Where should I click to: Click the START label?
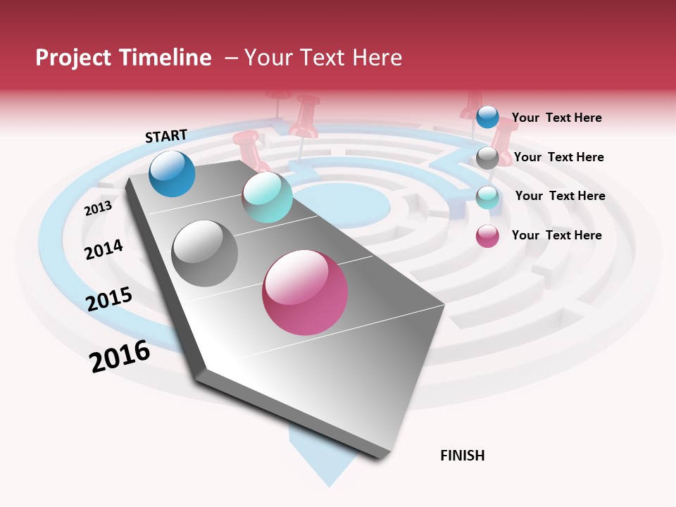166,136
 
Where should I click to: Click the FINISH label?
463,456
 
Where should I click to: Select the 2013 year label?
98,208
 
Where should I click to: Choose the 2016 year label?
120,356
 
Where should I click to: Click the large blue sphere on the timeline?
172,173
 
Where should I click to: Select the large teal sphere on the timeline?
267,197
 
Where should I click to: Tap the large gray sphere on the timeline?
205,254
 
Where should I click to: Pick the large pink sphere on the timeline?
305,292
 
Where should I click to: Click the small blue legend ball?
487,117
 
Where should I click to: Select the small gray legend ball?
487,158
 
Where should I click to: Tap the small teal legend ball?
487,197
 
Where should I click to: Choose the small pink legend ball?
487,236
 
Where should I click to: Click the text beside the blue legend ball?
556,118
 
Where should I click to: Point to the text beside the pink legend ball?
556,235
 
